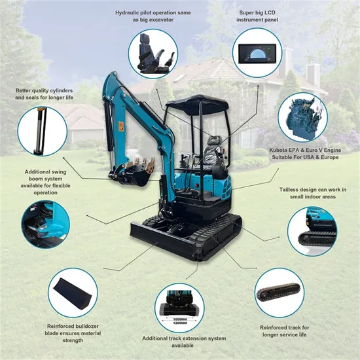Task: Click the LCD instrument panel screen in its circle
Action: pos(257,54)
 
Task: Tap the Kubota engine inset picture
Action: pos(303,117)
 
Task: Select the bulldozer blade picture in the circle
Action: pos(73,293)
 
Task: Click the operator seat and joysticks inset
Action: pos(153,54)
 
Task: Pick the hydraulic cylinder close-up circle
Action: pos(43,132)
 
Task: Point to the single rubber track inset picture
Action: pos(279,293)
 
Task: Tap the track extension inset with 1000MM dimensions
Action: pos(179,308)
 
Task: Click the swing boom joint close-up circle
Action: pos(45,225)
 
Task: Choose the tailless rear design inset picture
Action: pos(312,231)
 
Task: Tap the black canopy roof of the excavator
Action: pos(197,104)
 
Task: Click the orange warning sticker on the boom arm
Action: pos(121,126)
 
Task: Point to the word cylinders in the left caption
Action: pos(62,91)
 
